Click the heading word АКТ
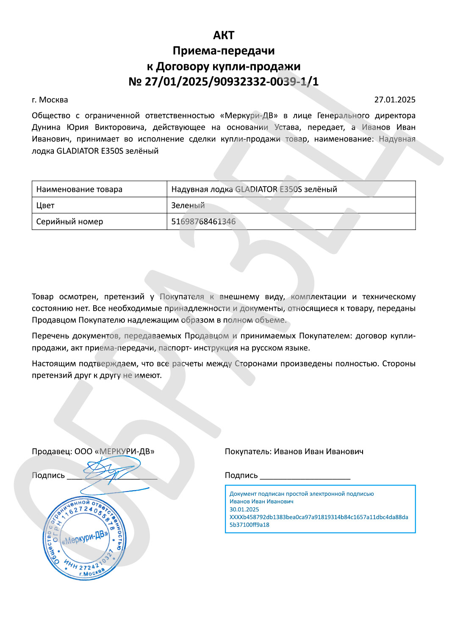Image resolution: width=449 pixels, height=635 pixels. pos(224,35)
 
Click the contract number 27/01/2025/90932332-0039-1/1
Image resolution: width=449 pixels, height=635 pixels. pos(231,81)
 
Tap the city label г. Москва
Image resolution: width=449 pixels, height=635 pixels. pos(50,100)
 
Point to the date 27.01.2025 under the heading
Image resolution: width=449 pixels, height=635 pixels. pos(394,100)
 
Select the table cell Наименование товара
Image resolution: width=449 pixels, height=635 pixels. pos(79,189)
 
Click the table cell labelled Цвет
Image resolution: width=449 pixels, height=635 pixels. pos(45,205)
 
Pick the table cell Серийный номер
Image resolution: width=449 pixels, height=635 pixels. pos(69,221)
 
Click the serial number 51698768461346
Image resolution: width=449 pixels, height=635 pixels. pos(203,221)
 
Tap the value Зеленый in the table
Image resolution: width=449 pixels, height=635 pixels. pos(188,205)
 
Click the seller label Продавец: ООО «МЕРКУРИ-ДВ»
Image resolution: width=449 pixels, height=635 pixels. pos(93,451)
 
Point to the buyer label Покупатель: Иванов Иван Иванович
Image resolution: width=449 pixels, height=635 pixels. pos(294,451)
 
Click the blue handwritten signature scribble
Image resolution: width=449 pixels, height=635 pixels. pos(111,470)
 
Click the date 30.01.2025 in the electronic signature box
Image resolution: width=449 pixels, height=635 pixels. pos(244,509)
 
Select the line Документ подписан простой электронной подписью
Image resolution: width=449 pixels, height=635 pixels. pos(302,494)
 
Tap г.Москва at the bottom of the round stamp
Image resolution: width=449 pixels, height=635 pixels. pos(92,572)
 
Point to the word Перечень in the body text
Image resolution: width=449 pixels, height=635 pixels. pos(50,336)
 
